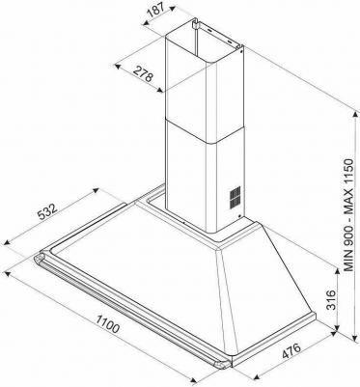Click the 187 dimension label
click(x=157, y=11)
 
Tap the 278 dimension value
click(x=143, y=74)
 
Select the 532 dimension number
click(x=46, y=211)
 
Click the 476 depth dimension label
click(x=291, y=350)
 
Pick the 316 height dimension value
click(x=330, y=300)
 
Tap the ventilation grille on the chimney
click(x=235, y=197)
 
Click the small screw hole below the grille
click(x=239, y=216)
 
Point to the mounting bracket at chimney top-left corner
click(x=195, y=23)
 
